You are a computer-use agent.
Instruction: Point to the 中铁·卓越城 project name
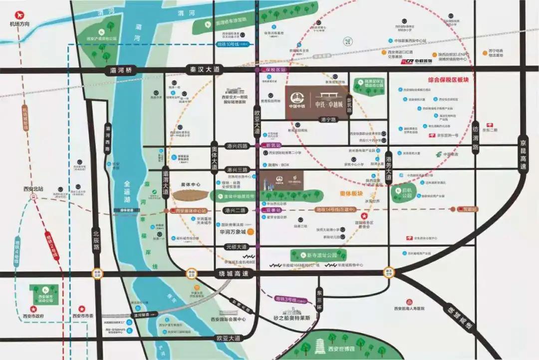click(329, 104)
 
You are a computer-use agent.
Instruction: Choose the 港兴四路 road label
click(237, 146)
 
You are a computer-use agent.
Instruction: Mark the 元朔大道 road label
click(236, 247)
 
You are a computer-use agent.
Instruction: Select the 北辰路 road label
click(96, 240)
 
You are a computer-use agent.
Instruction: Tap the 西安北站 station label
click(33, 189)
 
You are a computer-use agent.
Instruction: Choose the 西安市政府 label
click(33, 316)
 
